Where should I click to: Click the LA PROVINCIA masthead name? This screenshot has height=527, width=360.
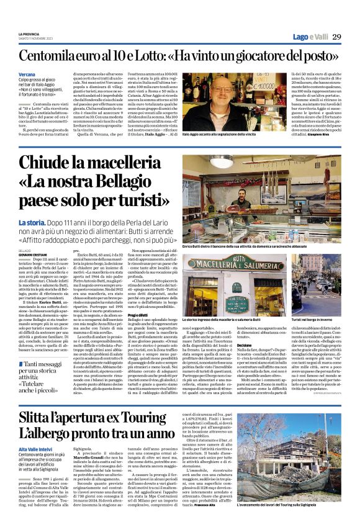(x=29, y=34)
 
